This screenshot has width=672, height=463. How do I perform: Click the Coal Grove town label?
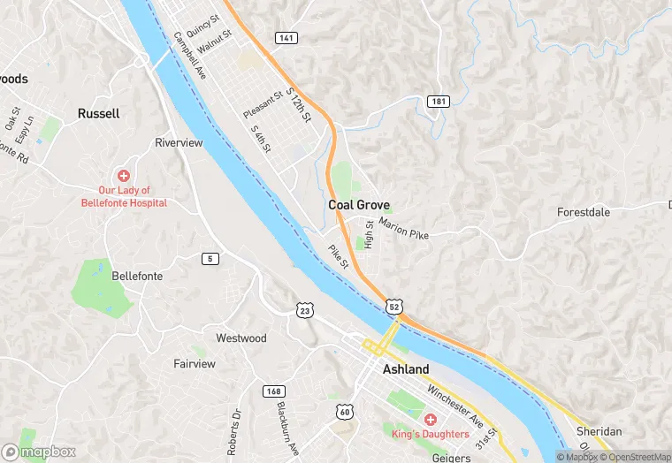359,205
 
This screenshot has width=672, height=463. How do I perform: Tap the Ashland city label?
406,369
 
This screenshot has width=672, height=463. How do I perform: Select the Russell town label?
98,114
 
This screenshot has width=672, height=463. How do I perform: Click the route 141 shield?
286,38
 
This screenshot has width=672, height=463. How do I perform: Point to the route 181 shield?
438,102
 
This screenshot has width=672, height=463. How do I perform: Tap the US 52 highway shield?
393,307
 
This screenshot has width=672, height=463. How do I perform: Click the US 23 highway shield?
304,309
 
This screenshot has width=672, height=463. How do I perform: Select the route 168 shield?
273,391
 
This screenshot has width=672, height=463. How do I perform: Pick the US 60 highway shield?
344,413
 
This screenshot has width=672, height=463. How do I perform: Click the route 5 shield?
210,258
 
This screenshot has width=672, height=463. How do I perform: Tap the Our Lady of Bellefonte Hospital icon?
124,176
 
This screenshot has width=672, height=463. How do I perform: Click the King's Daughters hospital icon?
431,419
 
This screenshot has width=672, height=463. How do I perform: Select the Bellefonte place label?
137,277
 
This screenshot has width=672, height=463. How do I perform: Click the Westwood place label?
241,338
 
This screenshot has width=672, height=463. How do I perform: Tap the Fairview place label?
195,363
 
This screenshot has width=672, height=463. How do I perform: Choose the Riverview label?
179,143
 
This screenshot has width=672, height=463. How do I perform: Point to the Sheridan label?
599,431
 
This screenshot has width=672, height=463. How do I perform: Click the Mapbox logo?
38,452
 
